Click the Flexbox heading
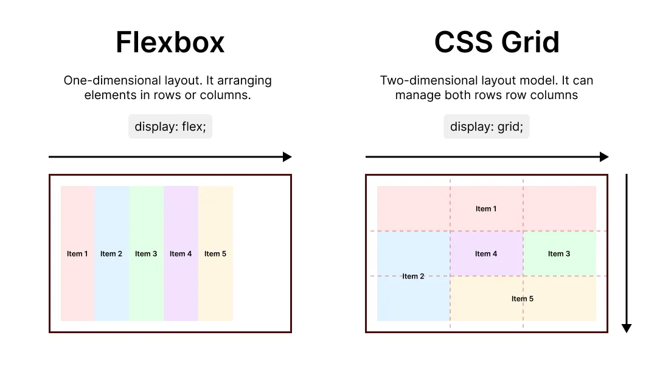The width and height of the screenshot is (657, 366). tap(170, 43)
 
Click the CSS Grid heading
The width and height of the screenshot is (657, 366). tap(497, 43)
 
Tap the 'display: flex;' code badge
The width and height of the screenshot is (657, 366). tap(170, 126)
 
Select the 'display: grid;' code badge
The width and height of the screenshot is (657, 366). tap(486, 126)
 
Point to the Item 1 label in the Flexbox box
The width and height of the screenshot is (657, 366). tap(77, 254)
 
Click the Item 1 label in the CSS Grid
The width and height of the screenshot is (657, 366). tap(486, 209)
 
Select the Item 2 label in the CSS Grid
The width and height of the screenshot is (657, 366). tap(413, 276)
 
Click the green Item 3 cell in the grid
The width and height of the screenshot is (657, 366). tap(559, 254)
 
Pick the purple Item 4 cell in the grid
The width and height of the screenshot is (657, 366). tap(486, 254)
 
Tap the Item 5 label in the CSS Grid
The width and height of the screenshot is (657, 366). tap(523, 299)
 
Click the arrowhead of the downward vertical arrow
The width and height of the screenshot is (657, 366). tap(627, 328)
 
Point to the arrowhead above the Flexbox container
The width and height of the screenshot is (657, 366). tap(288, 157)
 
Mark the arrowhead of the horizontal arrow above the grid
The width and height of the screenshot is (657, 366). tap(604, 157)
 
